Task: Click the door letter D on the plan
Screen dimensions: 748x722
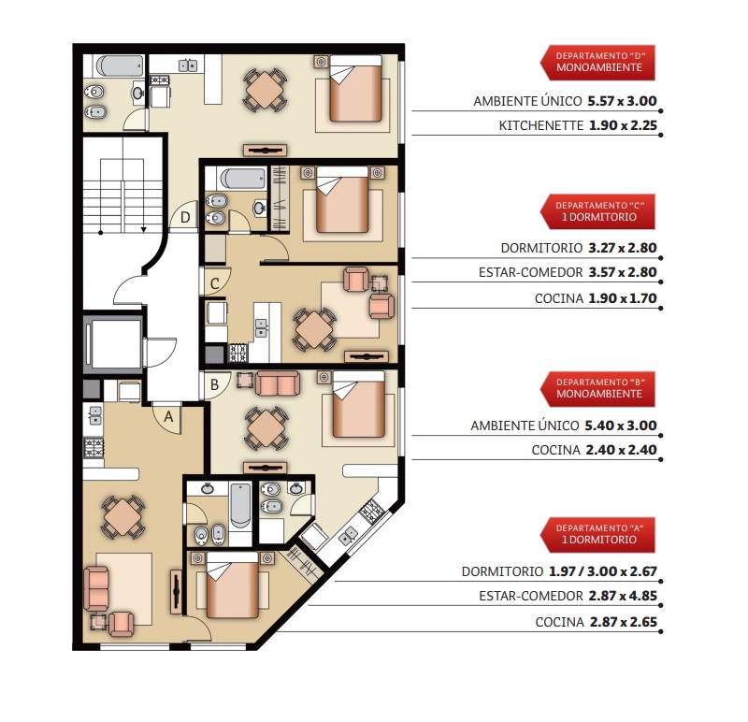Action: (x=185, y=218)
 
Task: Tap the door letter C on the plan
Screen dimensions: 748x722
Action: (x=215, y=284)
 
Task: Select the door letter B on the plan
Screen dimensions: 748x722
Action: (x=215, y=384)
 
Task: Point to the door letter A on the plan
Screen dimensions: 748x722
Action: (x=168, y=417)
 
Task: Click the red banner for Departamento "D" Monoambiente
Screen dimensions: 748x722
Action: (x=597, y=63)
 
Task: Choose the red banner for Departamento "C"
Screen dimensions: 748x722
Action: (x=597, y=211)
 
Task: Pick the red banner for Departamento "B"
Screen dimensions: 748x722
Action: (x=597, y=389)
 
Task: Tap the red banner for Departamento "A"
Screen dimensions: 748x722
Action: (x=597, y=534)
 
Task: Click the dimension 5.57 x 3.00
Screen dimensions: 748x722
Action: (x=622, y=101)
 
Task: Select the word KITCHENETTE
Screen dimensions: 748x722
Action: (x=541, y=125)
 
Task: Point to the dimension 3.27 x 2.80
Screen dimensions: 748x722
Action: (x=623, y=248)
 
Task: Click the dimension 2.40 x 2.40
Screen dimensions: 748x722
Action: (x=621, y=450)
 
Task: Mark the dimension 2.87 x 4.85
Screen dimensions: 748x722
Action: (x=623, y=596)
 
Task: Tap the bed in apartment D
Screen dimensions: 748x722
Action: (x=356, y=88)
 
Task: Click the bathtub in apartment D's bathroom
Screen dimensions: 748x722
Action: (x=120, y=65)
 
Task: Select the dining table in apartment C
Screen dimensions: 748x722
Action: (x=314, y=329)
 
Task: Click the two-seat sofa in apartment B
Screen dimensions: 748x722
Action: (x=278, y=383)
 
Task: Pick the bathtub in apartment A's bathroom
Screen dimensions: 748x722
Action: (x=240, y=505)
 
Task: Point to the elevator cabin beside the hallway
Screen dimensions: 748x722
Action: (x=115, y=343)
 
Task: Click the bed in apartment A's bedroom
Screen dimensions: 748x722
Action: (x=233, y=585)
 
